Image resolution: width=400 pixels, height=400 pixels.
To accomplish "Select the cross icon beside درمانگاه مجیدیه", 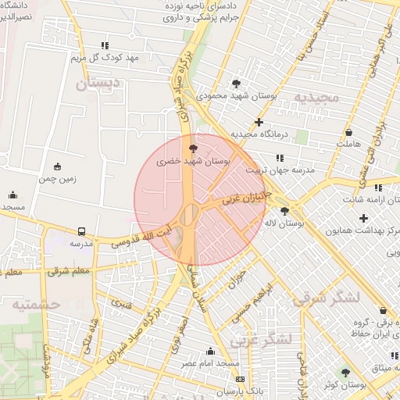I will (x=259, y=122).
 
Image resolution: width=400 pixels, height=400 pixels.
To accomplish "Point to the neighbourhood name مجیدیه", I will (x=316, y=95).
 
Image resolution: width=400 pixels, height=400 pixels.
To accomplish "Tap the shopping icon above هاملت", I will (x=348, y=130).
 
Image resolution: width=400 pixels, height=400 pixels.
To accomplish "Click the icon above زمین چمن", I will (x=57, y=166).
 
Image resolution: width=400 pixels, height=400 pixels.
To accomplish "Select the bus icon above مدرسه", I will (x=81, y=231).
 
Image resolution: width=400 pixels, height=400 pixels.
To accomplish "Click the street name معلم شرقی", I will (x=68, y=271).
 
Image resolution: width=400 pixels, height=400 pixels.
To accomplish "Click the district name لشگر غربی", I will (x=262, y=339).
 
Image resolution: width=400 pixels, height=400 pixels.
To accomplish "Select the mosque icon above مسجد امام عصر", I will (x=209, y=352).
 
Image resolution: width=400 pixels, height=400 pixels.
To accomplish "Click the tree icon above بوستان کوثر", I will (x=346, y=373).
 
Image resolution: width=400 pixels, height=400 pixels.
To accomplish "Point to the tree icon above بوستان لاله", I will (x=284, y=210).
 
